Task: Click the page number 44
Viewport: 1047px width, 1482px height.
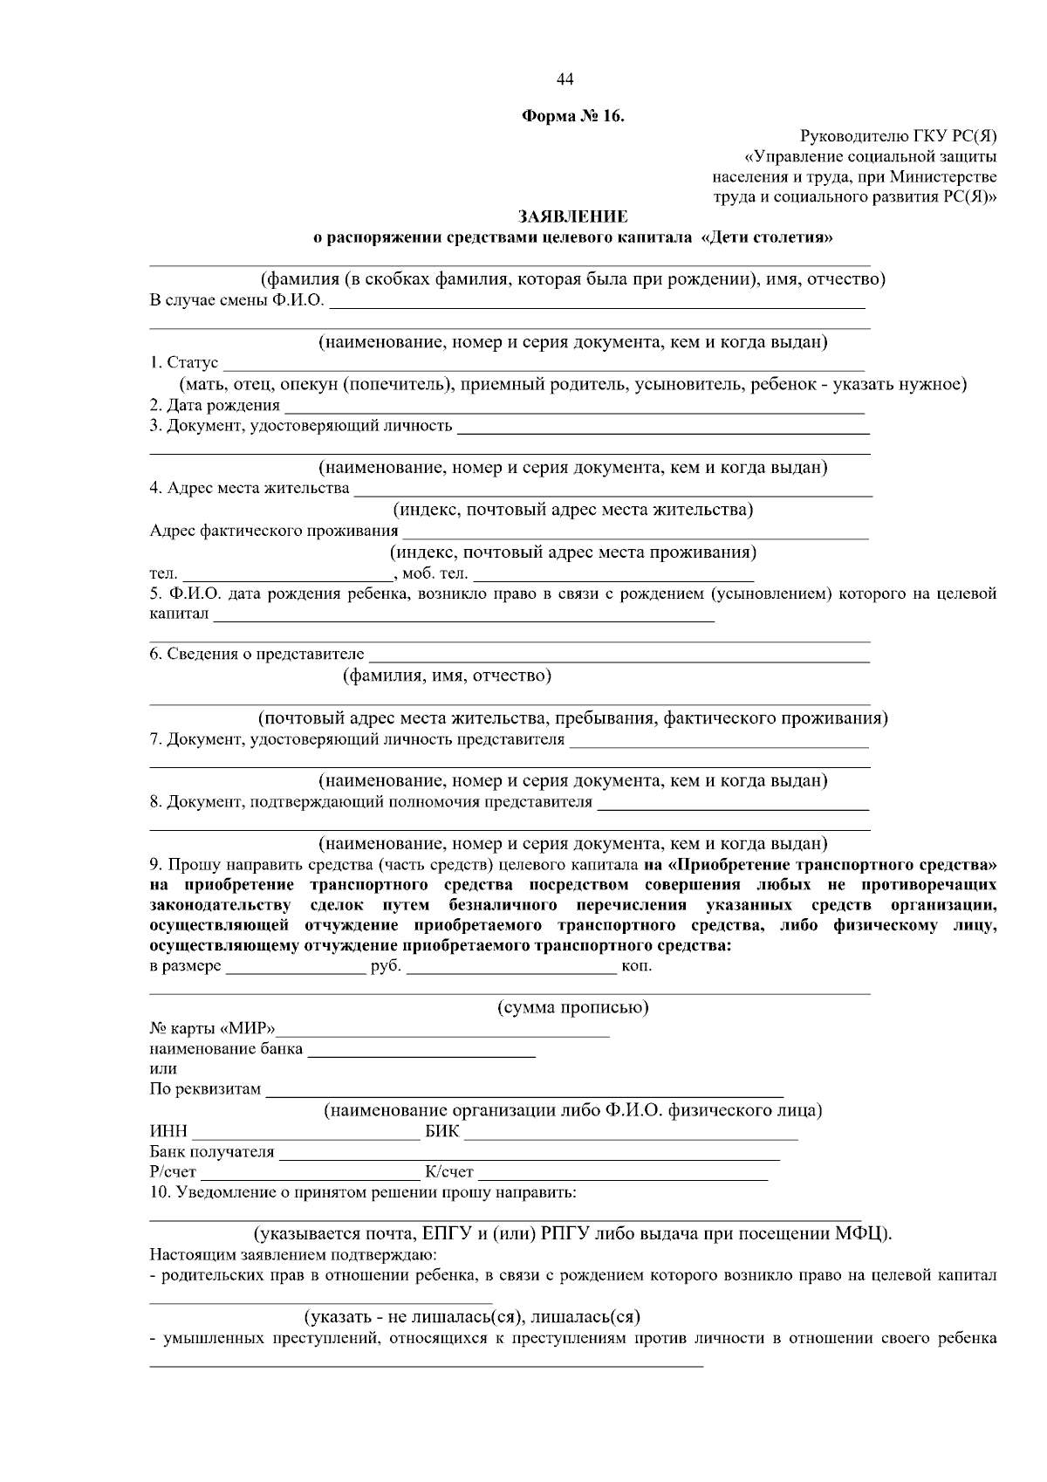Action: tap(565, 80)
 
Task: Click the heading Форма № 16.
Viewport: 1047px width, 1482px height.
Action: tap(572, 116)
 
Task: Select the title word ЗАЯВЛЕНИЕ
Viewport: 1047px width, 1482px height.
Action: tap(572, 216)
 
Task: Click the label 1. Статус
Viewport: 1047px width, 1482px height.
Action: tap(184, 363)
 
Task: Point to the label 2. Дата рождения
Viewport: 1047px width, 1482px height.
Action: tap(215, 406)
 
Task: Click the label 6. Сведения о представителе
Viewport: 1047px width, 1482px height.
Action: tap(257, 655)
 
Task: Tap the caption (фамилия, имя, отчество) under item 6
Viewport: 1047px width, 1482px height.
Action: tap(446, 676)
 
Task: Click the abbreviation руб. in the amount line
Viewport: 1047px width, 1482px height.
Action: tap(385, 967)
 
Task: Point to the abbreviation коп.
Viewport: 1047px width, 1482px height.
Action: tap(636, 967)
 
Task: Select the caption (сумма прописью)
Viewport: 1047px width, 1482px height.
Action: tap(572, 1008)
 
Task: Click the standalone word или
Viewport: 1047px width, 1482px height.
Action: tap(163, 1069)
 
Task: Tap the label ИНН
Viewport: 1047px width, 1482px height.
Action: tap(168, 1133)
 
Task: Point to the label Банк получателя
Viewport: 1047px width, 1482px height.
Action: tap(212, 1153)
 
